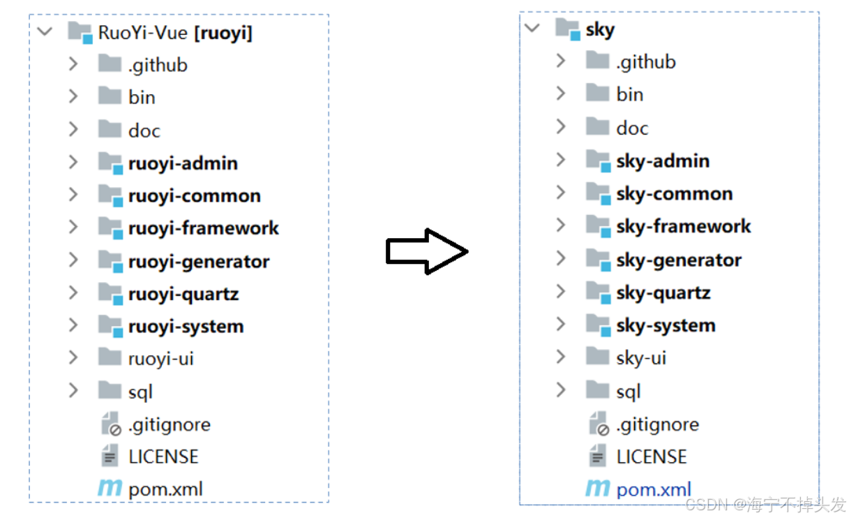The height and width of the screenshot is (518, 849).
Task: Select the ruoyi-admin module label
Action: click(183, 163)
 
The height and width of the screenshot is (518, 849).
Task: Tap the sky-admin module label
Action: click(663, 161)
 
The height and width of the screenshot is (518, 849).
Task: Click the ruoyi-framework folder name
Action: click(203, 228)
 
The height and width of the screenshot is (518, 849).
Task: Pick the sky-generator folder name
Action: click(679, 260)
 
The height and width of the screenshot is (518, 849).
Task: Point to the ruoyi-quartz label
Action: click(183, 294)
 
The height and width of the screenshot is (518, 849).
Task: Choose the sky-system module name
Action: click(666, 325)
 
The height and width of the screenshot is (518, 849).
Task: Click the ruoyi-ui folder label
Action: click(161, 359)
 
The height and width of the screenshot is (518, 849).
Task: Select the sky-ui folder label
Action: click(641, 358)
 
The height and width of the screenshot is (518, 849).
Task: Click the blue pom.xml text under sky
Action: click(654, 489)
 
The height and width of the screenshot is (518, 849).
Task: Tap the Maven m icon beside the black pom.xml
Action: click(110, 488)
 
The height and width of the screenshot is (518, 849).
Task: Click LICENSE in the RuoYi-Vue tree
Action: click(163, 457)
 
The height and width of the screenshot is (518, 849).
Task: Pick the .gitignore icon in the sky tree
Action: click(599, 424)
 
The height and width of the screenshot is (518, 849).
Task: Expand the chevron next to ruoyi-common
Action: click(73, 195)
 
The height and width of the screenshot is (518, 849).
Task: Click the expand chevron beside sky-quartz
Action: click(561, 291)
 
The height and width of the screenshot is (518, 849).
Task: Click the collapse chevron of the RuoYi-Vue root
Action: click(45, 31)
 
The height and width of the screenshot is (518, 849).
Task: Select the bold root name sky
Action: click(600, 30)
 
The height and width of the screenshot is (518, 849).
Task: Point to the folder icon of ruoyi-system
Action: click(110, 325)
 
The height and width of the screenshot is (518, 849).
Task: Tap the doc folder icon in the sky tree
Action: click(598, 126)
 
